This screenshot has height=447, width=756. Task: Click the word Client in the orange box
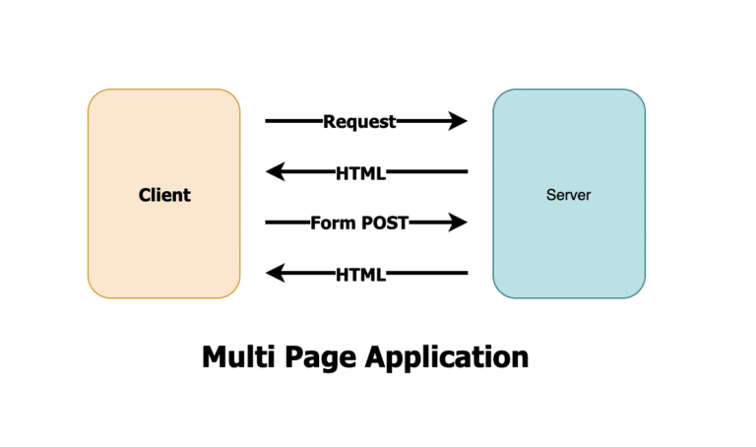point(164,195)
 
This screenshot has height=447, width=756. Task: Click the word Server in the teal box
point(568,195)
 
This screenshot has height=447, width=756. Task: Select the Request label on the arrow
point(359,122)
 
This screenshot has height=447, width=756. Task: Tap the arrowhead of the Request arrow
point(458,122)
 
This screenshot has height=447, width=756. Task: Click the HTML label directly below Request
point(360,172)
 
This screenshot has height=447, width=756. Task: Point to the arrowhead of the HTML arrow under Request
point(276,172)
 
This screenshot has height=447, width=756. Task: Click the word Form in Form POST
point(332,223)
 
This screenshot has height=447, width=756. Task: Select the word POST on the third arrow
point(383,223)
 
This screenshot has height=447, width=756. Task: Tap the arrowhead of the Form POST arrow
point(458,223)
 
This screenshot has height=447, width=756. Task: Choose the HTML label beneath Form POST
point(360,273)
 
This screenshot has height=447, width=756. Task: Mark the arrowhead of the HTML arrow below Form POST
point(276,273)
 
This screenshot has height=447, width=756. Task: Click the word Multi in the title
point(236,355)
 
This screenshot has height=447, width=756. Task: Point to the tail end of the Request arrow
point(268,122)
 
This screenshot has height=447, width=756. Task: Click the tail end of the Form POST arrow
point(268,223)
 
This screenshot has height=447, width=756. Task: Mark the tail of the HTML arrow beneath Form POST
point(465,273)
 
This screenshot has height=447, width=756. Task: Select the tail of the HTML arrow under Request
point(465,172)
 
